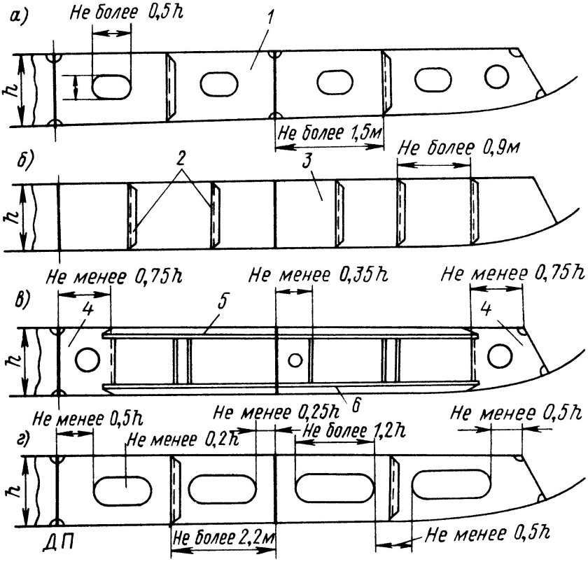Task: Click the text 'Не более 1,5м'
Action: coord(326,134)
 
